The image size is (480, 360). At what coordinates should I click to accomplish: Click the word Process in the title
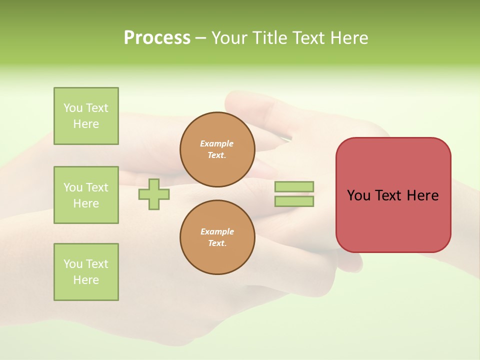coord(157,38)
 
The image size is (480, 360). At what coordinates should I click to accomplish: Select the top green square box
coord(86,116)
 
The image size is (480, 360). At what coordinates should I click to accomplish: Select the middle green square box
coord(86,195)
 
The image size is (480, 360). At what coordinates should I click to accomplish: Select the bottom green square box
coord(86,272)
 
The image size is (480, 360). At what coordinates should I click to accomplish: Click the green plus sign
coord(154,194)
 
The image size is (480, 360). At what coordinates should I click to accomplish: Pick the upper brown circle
coord(217,149)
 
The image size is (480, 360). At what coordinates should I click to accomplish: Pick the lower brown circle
coord(217,237)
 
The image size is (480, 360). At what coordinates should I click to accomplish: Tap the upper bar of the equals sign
coord(294,186)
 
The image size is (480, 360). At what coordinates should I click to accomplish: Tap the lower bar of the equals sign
coord(294,201)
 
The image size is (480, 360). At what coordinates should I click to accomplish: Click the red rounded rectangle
coord(393,220)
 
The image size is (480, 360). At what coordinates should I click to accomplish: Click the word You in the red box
coord(358,195)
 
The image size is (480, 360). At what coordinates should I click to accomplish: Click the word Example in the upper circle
coord(217,143)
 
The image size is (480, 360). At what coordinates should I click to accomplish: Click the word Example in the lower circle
coord(217,231)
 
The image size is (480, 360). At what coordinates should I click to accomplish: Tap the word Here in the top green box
coord(86,124)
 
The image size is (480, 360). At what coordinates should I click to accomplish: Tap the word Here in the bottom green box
coord(86,280)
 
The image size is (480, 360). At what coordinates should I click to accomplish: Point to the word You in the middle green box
coord(72,187)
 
